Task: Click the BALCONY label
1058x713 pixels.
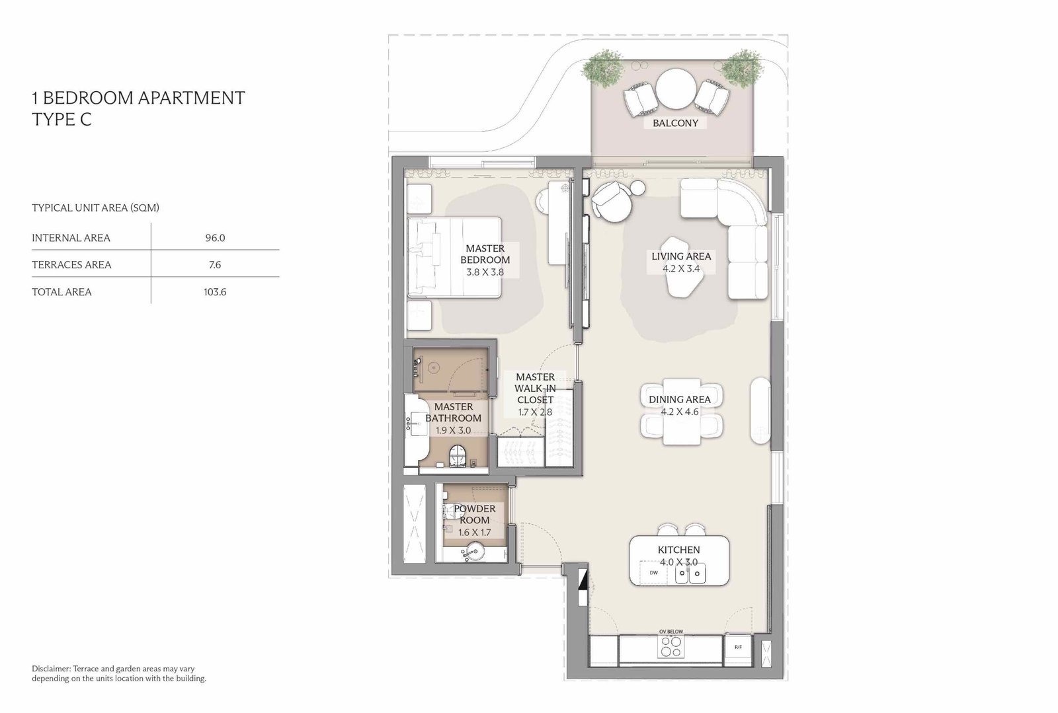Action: (675, 123)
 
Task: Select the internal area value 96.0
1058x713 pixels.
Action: (215, 238)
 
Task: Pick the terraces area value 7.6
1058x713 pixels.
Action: (215, 265)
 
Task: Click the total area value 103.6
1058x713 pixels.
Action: (215, 292)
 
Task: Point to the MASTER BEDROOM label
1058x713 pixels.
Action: (485, 254)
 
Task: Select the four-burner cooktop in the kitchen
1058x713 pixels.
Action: (671, 647)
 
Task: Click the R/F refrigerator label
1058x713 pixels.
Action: (738, 648)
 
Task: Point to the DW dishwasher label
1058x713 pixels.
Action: (654, 573)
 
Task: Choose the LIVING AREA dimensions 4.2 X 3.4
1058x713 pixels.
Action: (680, 268)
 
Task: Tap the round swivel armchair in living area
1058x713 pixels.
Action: (611, 201)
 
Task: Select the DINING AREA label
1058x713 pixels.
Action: (680, 400)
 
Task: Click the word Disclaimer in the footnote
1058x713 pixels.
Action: (51, 669)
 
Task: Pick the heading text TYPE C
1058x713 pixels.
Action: (62, 120)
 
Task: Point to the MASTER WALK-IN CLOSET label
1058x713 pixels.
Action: (535, 389)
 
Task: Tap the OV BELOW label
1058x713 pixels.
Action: (671, 632)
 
